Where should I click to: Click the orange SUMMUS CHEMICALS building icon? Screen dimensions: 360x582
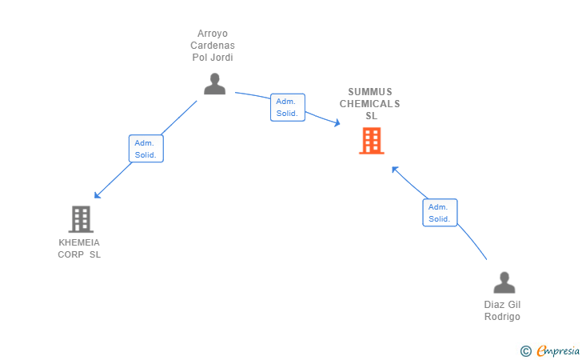click(x=371, y=141)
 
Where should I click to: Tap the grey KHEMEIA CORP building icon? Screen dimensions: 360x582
click(x=80, y=218)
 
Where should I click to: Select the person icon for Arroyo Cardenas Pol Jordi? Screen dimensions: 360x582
click(x=214, y=83)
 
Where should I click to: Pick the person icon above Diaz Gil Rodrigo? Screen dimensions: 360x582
click(x=504, y=283)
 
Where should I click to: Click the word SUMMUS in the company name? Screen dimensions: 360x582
click(x=370, y=92)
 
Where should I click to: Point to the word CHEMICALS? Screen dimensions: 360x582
click(x=370, y=104)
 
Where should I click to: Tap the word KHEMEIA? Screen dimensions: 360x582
click(x=79, y=242)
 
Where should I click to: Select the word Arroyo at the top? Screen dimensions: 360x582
click(x=213, y=34)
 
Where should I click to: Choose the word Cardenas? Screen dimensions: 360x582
click(x=213, y=46)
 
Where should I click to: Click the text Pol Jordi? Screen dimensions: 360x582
click(x=213, y=58)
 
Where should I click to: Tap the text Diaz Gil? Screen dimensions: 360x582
click(x=502, y=305)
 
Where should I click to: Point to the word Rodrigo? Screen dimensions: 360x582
click(x=502, y=317)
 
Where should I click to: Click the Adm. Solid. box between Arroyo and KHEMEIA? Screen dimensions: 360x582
click(x=145, y=148)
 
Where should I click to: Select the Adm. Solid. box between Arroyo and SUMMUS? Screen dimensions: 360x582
click(x=287, y=107)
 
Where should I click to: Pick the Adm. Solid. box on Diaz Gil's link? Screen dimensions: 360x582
click(x=440, y=213)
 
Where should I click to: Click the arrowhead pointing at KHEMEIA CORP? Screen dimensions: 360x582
click(x=97, y=195)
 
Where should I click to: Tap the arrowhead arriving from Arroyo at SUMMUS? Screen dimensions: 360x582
click(x=337, y=123)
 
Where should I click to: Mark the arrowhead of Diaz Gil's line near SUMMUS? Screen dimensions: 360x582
click(x=394, y=169)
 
